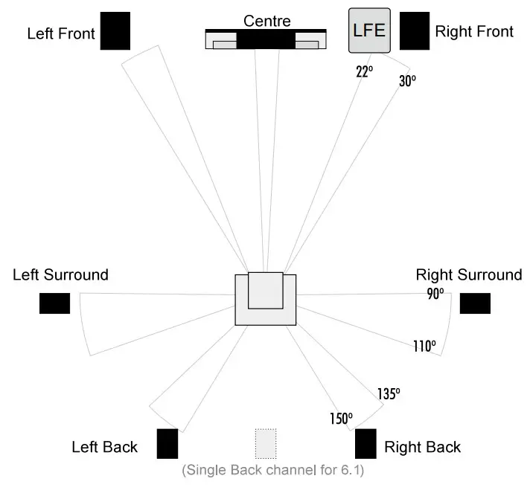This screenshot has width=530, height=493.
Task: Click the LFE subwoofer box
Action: pyautogui.click(x=369, y=30)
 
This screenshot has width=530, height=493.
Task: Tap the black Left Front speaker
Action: pyautogui.click(x=115, y=30)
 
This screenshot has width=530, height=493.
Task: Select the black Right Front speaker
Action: pyautogui.click(x=415, y=30)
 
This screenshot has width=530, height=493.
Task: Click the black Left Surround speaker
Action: pyautogui.click(x=54, y=303)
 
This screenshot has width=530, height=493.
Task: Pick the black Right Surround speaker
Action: pyautogui.click(x=475, y=303)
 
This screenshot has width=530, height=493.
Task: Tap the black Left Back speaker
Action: pyautogui.click(x=167, y=444)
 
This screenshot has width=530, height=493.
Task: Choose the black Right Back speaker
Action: pyautogui.click(x=365, y=444)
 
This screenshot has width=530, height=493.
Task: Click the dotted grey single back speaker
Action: pyautogui.click(x=266, y=444)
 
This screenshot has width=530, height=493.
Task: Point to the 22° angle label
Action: pyautogui.click(x=363, y=71)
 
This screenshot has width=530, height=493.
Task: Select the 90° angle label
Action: pyautogui.click(x=435, y=294)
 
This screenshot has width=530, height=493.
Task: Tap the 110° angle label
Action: pyautogui.click(x=424, y=346)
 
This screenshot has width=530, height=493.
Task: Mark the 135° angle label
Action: pyautogui.click(x=389, y=394)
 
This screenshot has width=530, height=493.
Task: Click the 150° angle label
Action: pyautogui.click(x=340, y=419)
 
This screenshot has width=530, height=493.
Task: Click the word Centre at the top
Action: pyautogui.click(x=267, y=20)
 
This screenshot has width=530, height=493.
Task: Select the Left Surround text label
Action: pyautogui.click(x=60, y=274)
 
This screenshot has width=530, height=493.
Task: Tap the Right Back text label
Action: pyautogui.click(x=422, y=447)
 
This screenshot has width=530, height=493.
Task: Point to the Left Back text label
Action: pyautogui.click(x=104, y=447)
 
